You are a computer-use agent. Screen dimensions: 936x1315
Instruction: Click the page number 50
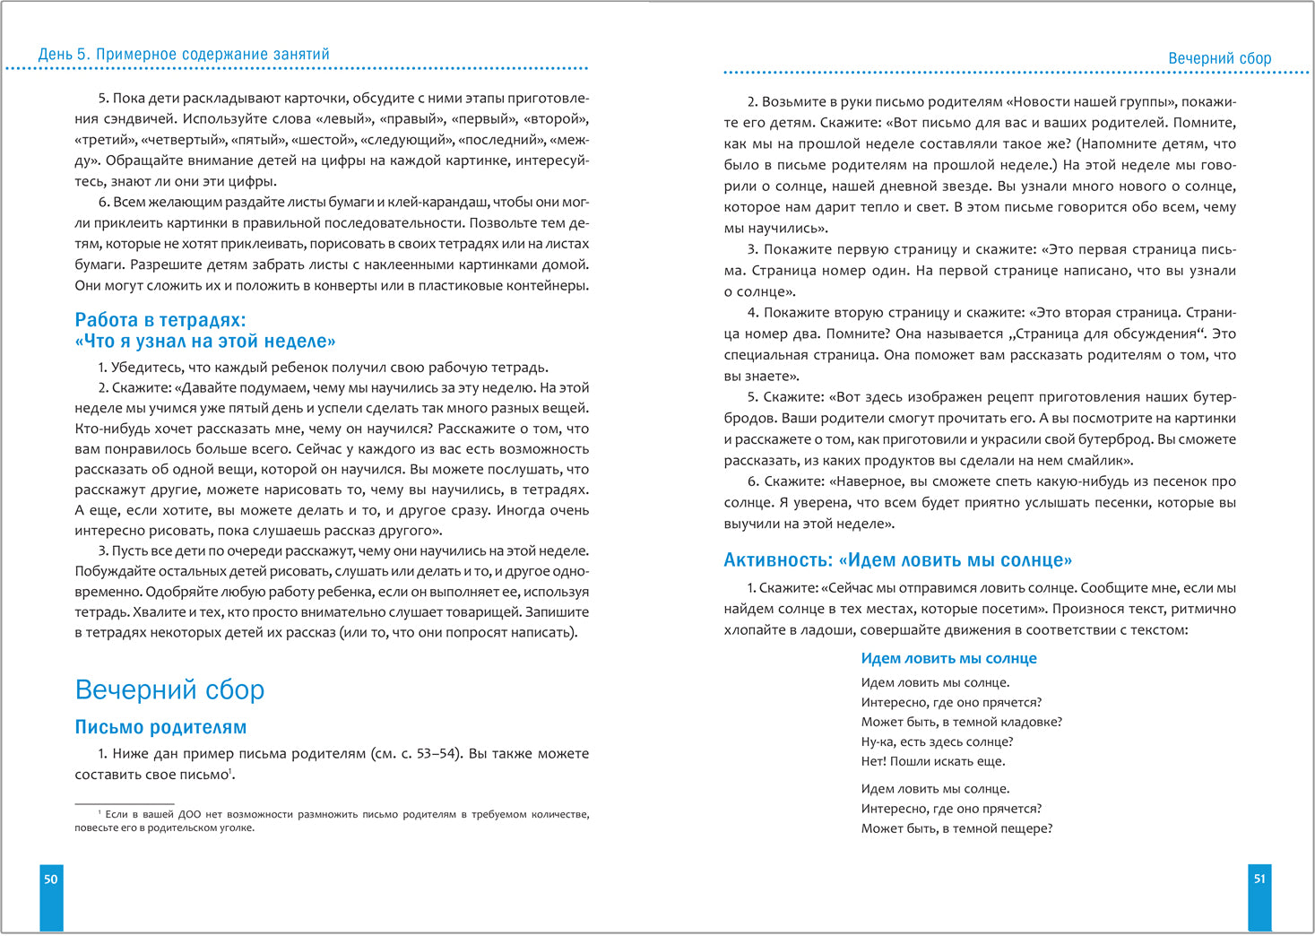point(51,880)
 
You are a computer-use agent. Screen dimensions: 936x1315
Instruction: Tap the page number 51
point(1259,880)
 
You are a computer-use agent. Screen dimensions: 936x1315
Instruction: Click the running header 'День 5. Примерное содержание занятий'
point(184,55)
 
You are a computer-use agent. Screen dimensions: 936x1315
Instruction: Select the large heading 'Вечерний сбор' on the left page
point(169,689)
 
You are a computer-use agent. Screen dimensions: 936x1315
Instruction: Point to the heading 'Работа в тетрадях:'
point(160,320)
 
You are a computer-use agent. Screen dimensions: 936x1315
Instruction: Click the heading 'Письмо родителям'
point(160,727)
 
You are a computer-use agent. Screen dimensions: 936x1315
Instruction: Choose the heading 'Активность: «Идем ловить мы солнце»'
point(897,560)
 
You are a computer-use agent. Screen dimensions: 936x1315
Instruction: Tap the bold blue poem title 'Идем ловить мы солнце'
point(948,658)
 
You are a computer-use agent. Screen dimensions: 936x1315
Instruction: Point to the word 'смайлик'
point(1099,461)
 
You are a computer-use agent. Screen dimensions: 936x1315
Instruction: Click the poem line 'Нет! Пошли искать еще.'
point(933,761)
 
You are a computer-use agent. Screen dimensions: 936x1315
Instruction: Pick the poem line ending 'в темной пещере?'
point(956,828)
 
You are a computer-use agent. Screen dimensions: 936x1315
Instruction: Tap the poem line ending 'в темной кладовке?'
point(961,722)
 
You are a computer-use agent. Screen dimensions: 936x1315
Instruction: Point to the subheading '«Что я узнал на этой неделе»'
point(205,342)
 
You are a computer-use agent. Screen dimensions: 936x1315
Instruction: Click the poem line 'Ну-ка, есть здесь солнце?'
point(937,741)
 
